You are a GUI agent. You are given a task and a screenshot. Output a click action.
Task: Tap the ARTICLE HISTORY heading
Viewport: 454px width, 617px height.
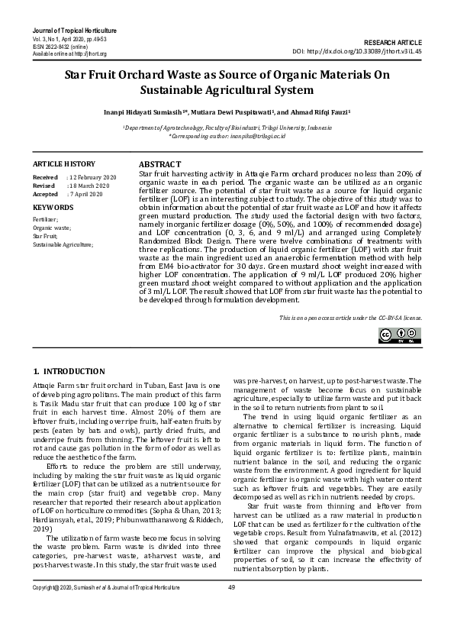coord(64,164)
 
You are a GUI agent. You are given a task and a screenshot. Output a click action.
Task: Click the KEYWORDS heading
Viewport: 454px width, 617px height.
coord(53,208)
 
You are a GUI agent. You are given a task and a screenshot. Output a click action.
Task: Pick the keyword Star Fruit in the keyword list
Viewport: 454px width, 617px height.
coord(45,237)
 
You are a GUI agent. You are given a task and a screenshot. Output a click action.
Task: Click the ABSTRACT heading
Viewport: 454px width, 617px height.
coord(159,165)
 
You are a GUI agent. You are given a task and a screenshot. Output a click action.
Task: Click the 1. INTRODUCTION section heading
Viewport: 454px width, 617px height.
coord(69,371)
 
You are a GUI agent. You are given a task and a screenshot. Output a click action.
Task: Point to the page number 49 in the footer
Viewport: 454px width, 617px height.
coord(231,609)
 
